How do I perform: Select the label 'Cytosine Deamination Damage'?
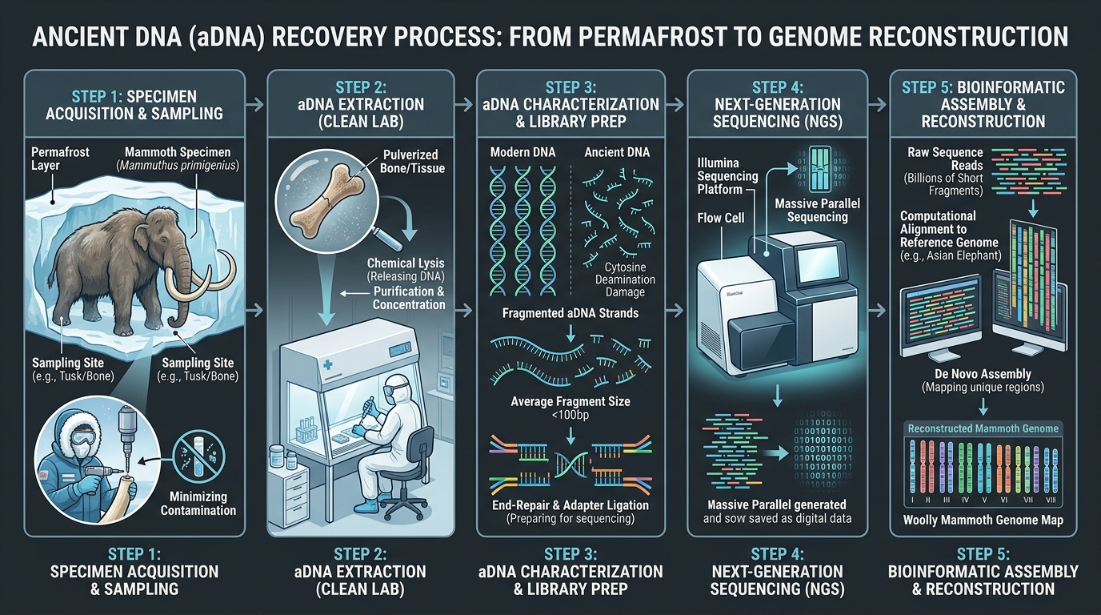625,279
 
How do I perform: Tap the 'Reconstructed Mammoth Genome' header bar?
983,428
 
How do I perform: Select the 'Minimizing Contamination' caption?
198,504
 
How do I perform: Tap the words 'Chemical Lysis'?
405,263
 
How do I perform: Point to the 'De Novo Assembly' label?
983,374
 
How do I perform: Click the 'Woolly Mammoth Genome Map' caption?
983,521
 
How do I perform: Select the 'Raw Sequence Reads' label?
945,159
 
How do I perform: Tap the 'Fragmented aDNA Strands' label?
570,313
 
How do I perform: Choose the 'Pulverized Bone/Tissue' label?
414,160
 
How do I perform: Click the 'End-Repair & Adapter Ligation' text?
570,505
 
